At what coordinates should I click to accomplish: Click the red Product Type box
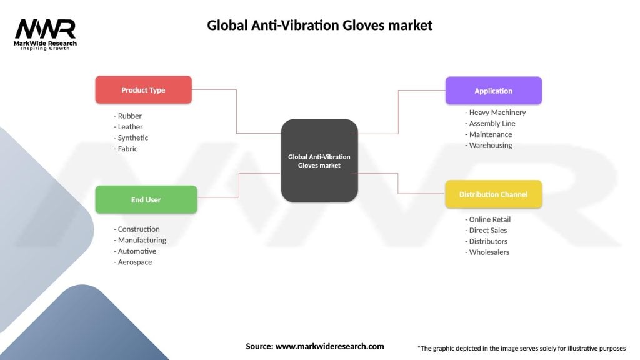(143, 90)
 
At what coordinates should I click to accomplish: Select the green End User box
(146, 200)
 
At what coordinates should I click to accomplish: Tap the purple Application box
(493, 91)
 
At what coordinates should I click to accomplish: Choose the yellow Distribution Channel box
(493, 194)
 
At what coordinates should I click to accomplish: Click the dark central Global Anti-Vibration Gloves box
(319, 161)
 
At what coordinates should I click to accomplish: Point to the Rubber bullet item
(129, 116)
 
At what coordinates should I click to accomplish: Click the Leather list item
(130, 127)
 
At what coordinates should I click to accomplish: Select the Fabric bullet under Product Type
(127, 149)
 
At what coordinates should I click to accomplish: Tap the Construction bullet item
(137, 229)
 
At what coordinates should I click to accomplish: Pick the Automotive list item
(136, 251)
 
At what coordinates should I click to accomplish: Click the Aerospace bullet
(134, 262)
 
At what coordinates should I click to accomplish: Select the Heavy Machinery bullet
(496, 112)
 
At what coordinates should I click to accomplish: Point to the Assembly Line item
(491, 124)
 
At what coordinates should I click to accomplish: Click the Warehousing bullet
(489, 146)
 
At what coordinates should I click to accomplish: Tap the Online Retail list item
(489, 220)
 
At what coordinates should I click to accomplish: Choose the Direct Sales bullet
(487, 231)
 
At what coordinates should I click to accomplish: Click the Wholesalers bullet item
(488, 252)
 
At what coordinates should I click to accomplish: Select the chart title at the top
(319, 26)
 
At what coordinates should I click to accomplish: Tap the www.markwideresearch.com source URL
(329, 346)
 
